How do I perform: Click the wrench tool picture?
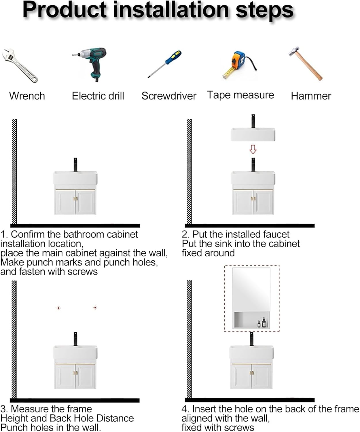[x=20, y=66]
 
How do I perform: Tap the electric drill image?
[x=89, y=64]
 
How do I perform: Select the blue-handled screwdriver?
[x=164, y=64]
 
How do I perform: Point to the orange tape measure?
[x=240, y=65]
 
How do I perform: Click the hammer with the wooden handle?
[x=306, y=64]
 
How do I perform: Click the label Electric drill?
[x=98, y=96]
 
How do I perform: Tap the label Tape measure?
[x=240, y=95]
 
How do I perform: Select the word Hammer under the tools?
[x=311, y=96]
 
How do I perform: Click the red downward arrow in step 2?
[x=253, y=149]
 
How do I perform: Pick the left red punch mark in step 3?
[x=58, y=308]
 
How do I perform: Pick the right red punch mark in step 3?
[x=95, y=308]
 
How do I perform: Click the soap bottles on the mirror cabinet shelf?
[x=262, y=323]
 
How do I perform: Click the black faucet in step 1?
[x=75, y=165]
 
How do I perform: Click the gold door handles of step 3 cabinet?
[x=75, y=373]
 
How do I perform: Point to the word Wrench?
[x=27, y=96]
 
